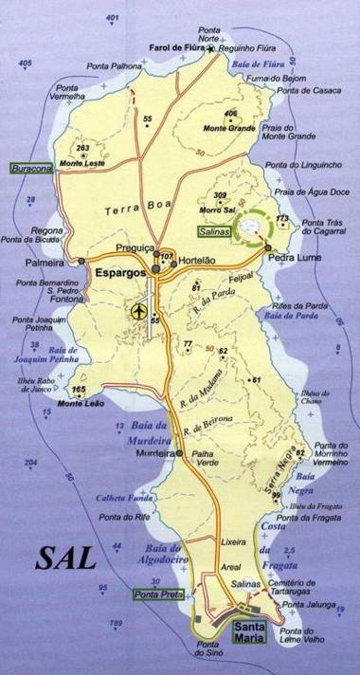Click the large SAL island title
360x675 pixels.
click(x=66, y=557)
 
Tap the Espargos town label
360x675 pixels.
click(x=119, y=272)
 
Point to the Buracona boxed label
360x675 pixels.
click(x=33, y=169)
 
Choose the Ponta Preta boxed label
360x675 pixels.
click(x=153, y=594)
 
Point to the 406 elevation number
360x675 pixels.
click(x=230, y=114)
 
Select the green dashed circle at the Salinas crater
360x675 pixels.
click(x=251, y=228)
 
